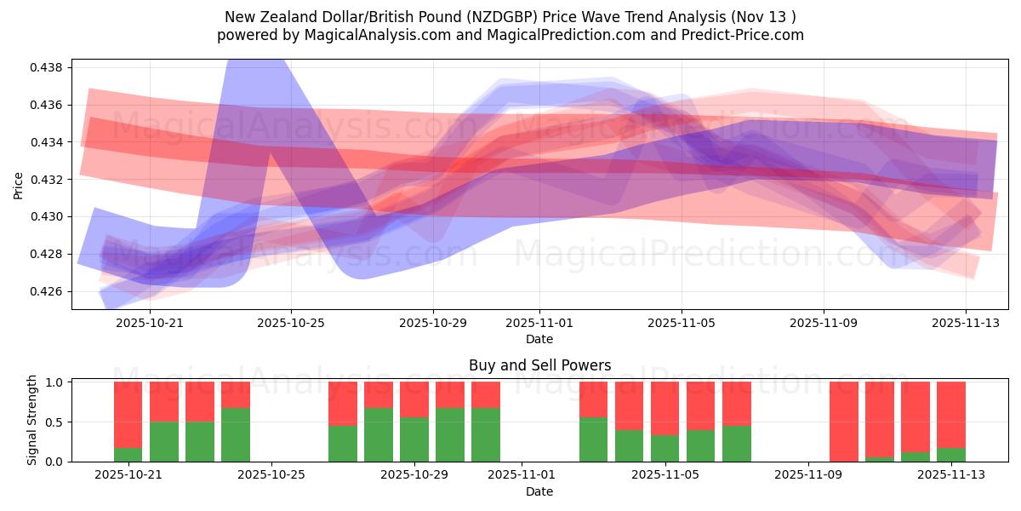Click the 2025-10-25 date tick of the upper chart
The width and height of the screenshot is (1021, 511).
[291, 323]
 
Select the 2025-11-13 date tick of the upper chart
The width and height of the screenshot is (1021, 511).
[965, 323]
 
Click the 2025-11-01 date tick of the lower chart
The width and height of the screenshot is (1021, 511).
[519, 475]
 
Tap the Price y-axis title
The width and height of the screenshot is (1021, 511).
[19, 184]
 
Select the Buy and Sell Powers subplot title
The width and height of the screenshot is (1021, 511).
[539, 365]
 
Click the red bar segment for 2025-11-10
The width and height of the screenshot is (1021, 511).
[844, 421]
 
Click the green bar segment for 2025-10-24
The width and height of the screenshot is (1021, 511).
[236, 435]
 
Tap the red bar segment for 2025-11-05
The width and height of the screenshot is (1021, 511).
[665, 409]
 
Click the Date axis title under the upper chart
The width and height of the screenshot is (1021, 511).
[539, 339]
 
